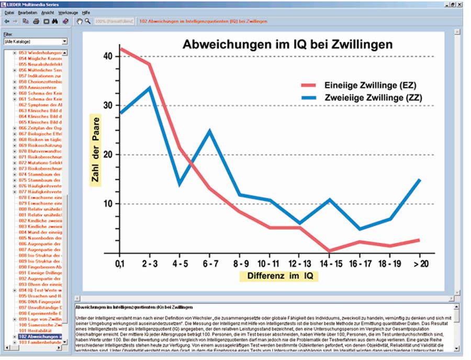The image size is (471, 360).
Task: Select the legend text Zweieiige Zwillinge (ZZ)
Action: (x=373, y=98)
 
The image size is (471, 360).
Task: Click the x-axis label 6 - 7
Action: (x=210, y=262)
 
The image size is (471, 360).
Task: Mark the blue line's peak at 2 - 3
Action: (x=150, y=88)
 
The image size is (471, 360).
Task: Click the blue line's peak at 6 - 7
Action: (x=210, y=131)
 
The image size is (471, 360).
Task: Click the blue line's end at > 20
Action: (x=420, y=179)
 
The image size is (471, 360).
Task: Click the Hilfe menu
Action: (x=86, y=12)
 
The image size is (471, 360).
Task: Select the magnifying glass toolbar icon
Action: (x=88, y=21)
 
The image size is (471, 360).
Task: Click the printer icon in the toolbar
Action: (x=36, y=21)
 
